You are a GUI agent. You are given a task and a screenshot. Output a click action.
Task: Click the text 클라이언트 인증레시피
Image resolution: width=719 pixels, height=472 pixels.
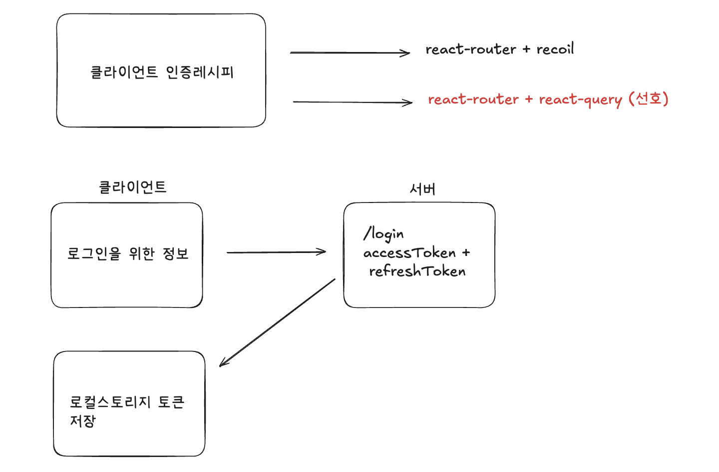(x=162, y=72)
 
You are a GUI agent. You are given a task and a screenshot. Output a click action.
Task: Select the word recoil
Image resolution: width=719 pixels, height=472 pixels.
(x=555, y=49)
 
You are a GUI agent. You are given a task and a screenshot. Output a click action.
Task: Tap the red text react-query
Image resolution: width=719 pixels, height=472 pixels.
(x=580, y=99)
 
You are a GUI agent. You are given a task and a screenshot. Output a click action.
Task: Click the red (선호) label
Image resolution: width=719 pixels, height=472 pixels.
(x=649, y=98)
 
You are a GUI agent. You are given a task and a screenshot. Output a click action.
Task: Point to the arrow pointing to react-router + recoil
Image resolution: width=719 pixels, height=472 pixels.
(x=350, y=52)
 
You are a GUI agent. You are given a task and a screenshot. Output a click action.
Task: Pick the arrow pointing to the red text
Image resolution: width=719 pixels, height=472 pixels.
(x=352, y=102)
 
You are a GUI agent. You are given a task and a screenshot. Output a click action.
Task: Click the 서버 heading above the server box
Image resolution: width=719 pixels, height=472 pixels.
(x=422, y=189)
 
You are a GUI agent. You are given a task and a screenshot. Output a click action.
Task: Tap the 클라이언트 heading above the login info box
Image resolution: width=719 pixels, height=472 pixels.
(x=132, y=187)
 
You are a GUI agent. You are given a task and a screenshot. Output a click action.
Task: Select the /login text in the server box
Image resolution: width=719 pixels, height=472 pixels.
(x=383, y=233)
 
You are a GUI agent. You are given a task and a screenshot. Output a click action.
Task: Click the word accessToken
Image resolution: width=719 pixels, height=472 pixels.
(x=409, y=253)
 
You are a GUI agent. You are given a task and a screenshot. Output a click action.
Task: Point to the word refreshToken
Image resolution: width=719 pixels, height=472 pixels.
(x=417, y=271)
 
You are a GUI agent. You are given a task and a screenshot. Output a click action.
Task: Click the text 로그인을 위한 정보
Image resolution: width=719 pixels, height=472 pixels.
(x=128, y=253)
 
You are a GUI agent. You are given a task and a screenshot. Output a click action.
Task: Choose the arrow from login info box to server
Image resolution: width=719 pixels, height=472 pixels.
(x=276, y=252)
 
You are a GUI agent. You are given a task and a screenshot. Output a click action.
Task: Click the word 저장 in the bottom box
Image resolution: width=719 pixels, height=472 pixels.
(x=83, y=421)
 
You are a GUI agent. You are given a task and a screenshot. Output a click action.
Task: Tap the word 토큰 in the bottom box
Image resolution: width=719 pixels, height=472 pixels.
(x=171, y=402)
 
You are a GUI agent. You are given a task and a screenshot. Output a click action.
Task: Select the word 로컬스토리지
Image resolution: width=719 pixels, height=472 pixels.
(x=110, y=402)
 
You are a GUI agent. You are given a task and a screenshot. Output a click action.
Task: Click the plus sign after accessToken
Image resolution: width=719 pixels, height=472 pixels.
(x=466, y=253)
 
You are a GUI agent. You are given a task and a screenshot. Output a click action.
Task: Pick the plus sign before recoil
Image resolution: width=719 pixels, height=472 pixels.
(x=526, y=49)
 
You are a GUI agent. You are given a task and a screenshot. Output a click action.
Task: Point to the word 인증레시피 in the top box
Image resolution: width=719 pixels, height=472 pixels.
(x=199, y=72)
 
